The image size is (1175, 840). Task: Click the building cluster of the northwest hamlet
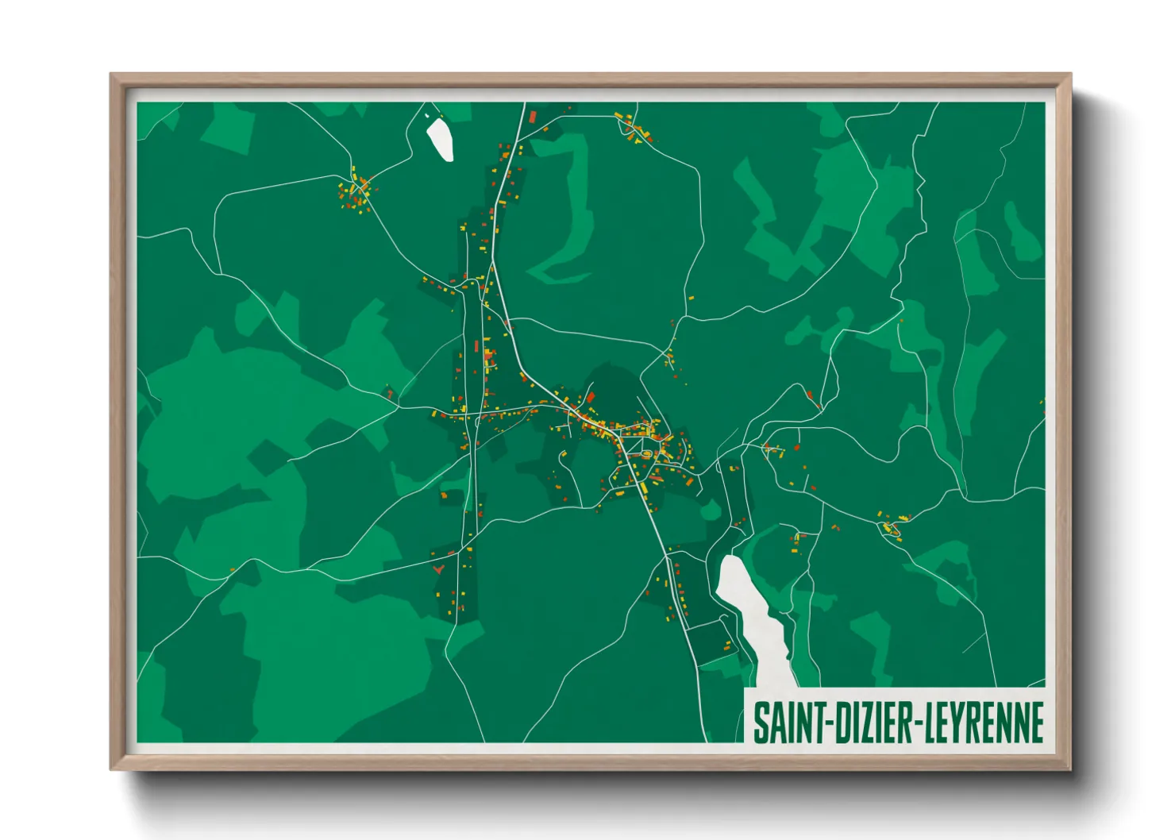pyautogui.click(x=356, y=191)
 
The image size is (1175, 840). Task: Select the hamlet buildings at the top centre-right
pyautogui.click(x=634, y=128)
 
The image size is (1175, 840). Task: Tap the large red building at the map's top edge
pyautogui.click(x=533, y=117)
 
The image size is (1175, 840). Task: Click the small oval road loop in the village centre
pyautogui.click(x=648, y=454)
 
